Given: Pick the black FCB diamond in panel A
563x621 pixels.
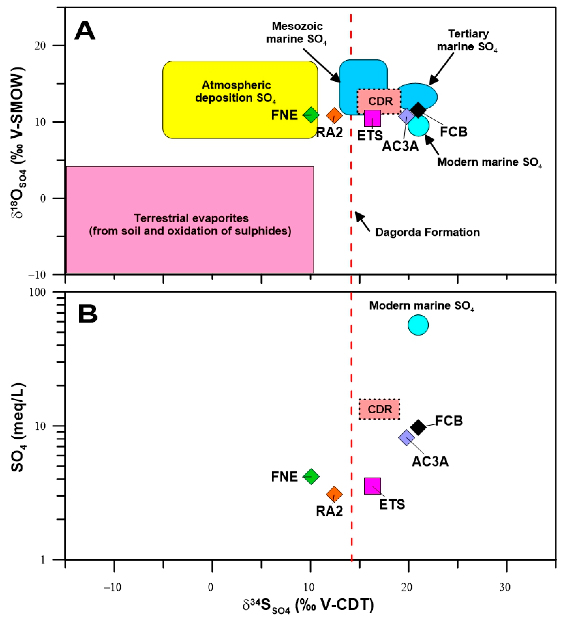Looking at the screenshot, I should [x=418, y=110].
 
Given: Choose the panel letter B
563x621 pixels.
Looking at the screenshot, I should [x=88, y=314].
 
